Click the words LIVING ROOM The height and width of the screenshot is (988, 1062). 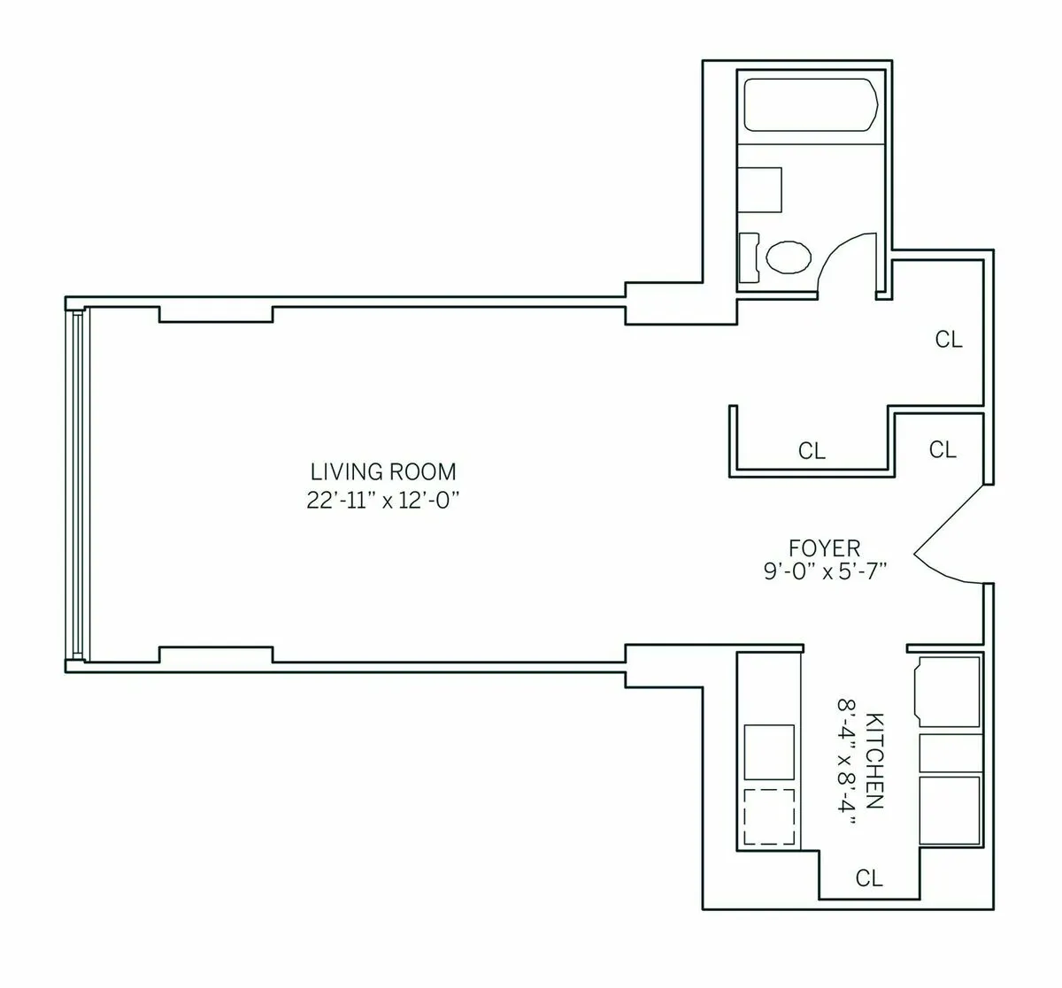(x=382, y=471)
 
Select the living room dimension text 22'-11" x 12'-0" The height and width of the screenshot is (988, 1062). (x=382, y=500)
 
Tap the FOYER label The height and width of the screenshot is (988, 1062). (x=824, y=548)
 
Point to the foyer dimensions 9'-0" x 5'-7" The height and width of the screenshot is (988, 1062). (x=824, y=571)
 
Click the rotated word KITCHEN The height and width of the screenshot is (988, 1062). (x=874, y=761)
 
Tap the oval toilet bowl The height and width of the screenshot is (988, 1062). (x=788, y=257)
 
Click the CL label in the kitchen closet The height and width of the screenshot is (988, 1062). (x=869, y=878)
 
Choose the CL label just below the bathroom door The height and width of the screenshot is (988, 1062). (x=949, y=340)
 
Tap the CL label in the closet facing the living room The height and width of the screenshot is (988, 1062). (x=812, y=451)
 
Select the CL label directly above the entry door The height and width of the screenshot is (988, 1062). (x=943, y=449)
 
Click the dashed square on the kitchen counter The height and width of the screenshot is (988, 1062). (x=770, y=817)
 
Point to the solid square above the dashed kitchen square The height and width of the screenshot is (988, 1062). (x=770, y=750)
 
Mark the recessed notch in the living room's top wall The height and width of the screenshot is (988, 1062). (x=215, y=313)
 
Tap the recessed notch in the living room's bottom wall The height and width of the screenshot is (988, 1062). (x=215, y=655)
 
